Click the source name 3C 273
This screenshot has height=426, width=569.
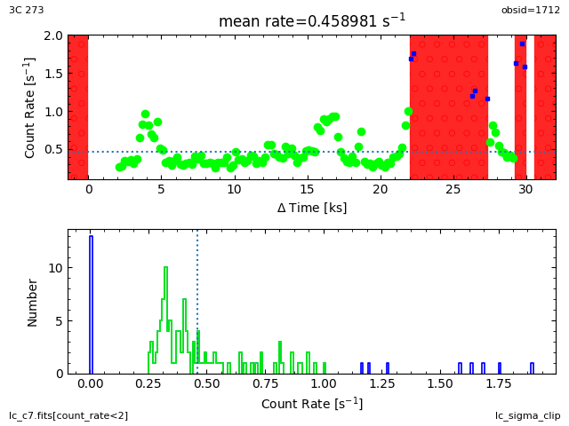(27, 10)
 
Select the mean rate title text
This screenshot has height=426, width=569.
(312, 20)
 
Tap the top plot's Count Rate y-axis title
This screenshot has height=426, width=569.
(30, 107)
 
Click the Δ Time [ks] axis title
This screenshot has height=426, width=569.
(312, 208)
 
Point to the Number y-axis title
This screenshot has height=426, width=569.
(32, 302)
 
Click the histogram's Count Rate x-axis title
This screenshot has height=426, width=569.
(312, 404)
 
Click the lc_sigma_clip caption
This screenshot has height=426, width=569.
(527, 415)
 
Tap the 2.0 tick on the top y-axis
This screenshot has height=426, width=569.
(52, 35)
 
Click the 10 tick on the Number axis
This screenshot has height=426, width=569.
(56, 268)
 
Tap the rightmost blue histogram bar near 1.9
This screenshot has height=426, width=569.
(532, 367)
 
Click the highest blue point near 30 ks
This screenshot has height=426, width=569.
(522, 43)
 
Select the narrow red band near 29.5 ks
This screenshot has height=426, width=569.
(520, 106)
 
